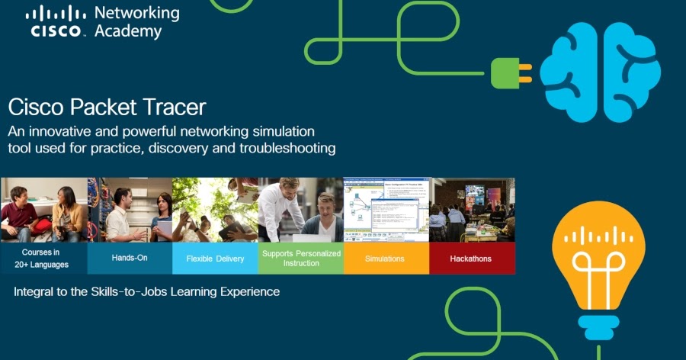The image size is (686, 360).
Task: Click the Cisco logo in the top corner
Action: coord(56,21)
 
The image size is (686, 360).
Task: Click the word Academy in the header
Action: coord(127,31)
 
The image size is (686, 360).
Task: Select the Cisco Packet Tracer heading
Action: coord(107,106)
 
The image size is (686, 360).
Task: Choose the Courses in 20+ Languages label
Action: coord(44,259)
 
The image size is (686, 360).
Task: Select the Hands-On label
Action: coord(130,259)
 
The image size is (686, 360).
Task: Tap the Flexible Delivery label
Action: coord(215,259)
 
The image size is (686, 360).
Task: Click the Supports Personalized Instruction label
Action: coord(300,259)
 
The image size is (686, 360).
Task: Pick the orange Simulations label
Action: coord(386,259)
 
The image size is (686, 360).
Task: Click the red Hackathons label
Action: coord(471,259)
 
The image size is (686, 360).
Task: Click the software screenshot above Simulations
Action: coord(386,210)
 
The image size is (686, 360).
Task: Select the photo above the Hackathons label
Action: coord(471,210)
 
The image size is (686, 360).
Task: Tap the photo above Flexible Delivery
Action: coord(215,210)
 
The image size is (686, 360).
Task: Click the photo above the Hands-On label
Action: coord(130,210)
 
